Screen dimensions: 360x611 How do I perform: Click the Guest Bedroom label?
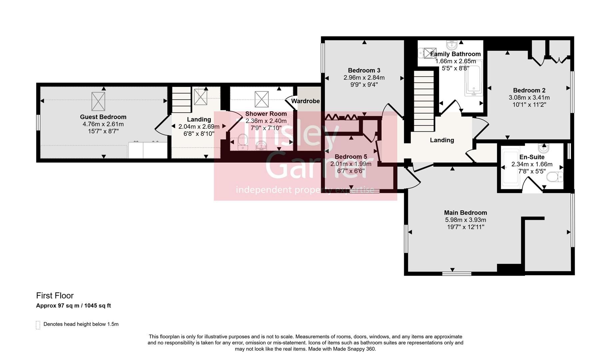point(103,117)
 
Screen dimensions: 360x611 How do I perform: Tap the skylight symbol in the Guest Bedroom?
point(98,101)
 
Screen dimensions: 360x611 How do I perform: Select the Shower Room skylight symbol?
point(262,99)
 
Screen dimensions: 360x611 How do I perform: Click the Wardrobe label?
point(305,101)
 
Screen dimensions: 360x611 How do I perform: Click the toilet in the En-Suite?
point(555,177)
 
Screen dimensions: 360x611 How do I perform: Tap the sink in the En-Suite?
point(543,148)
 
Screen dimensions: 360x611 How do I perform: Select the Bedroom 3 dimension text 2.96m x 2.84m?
point(364,78)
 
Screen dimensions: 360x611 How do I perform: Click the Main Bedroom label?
point(465,213)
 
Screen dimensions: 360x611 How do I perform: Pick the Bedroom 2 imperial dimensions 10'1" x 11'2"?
point(529,105)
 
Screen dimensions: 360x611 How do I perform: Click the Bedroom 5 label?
point(350,157)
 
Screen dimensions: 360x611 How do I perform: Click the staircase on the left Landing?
point(182,100)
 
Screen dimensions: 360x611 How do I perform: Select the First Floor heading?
point(55,296)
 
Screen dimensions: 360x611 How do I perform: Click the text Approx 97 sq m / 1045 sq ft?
point(73,306)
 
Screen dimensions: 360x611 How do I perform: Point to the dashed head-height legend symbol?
point(38,325)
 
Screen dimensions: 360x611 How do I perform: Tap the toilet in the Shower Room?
point(243,142)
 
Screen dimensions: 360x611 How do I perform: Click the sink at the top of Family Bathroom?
point(452,44)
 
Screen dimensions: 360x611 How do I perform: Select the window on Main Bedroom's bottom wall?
point(457,274)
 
